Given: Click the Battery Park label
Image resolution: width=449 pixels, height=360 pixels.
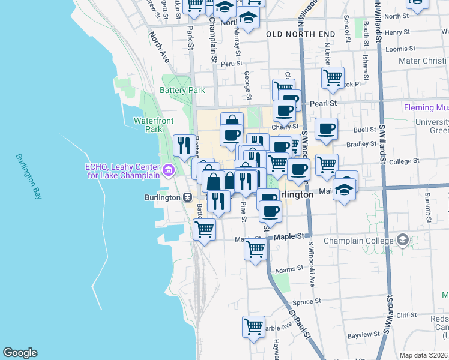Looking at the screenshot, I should click(x=182, y=91).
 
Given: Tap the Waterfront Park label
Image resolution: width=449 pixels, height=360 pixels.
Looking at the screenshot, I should click(x=154, y=125).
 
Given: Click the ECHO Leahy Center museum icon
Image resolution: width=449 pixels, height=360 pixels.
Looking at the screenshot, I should click(x=169, y=171).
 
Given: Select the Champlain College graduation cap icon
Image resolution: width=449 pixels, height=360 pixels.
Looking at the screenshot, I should click(x=402, y=241).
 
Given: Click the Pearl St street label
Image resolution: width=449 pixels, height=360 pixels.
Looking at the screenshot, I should click(x=323, y=103).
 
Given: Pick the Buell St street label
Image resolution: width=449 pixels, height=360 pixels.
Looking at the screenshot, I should click(x=364, y=130).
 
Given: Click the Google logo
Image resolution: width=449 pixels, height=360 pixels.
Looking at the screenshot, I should click(x=20, y=353).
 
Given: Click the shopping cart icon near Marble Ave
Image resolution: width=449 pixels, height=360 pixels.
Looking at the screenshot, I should click(x=253, y=327).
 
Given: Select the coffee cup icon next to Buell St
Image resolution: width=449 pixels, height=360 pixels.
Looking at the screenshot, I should click(x=326, y=128).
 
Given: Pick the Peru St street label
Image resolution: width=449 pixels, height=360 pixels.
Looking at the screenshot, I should click(x=230, y=62).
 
